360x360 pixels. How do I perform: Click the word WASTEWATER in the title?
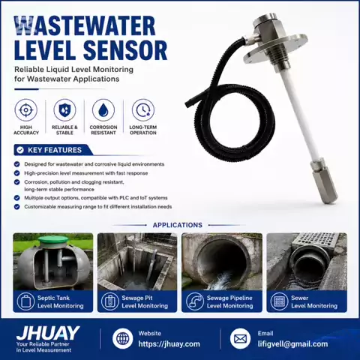point(85,25)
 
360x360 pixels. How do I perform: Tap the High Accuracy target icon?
point(26,110)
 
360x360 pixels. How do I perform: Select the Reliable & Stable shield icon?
point(64,110)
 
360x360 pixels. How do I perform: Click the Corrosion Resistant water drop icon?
point(103,110)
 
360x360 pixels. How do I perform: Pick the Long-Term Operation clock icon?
point(143,110)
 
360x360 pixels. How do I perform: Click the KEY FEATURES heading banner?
point(53,150)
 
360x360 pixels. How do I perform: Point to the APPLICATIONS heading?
point(178,225)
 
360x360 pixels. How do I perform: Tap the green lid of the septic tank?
point(53,240)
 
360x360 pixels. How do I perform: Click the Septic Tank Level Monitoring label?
point(61,301)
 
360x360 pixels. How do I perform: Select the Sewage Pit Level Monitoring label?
point(145,301)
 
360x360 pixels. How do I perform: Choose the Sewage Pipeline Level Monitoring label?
point(229,301)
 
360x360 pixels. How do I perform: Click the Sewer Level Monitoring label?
point(314,301)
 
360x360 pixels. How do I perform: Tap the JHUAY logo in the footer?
point(47,333)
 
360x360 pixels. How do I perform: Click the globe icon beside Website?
point(122,338)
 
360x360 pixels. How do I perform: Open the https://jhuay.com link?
point(169,344)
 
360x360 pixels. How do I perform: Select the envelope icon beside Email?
point(240,338)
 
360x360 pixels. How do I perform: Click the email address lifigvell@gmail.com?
point(292,344)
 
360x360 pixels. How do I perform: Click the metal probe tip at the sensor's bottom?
point(324,181)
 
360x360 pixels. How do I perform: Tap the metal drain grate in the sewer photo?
point(315,241)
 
